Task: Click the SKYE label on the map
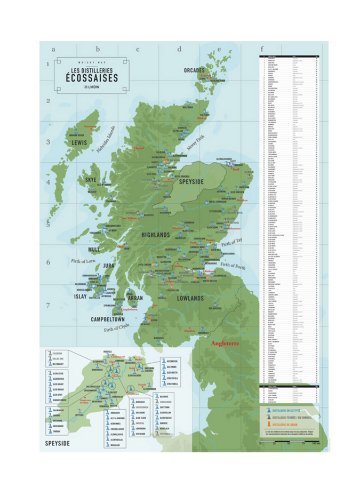coord(91,180)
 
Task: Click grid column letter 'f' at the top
coord(261,49)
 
